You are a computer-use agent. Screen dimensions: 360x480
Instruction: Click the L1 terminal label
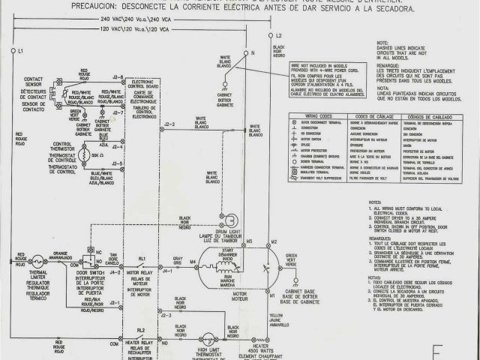[x=21, y=50]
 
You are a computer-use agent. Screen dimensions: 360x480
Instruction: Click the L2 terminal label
[x=278, y=35]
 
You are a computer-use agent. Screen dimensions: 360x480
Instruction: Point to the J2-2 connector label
[x=169, y=124]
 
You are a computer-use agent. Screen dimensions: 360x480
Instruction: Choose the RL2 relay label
[x=141, y=330]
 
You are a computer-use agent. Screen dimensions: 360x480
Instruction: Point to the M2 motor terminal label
[x=274, y=242]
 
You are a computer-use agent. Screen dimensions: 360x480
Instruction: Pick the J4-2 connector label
[x=116, y=272]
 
